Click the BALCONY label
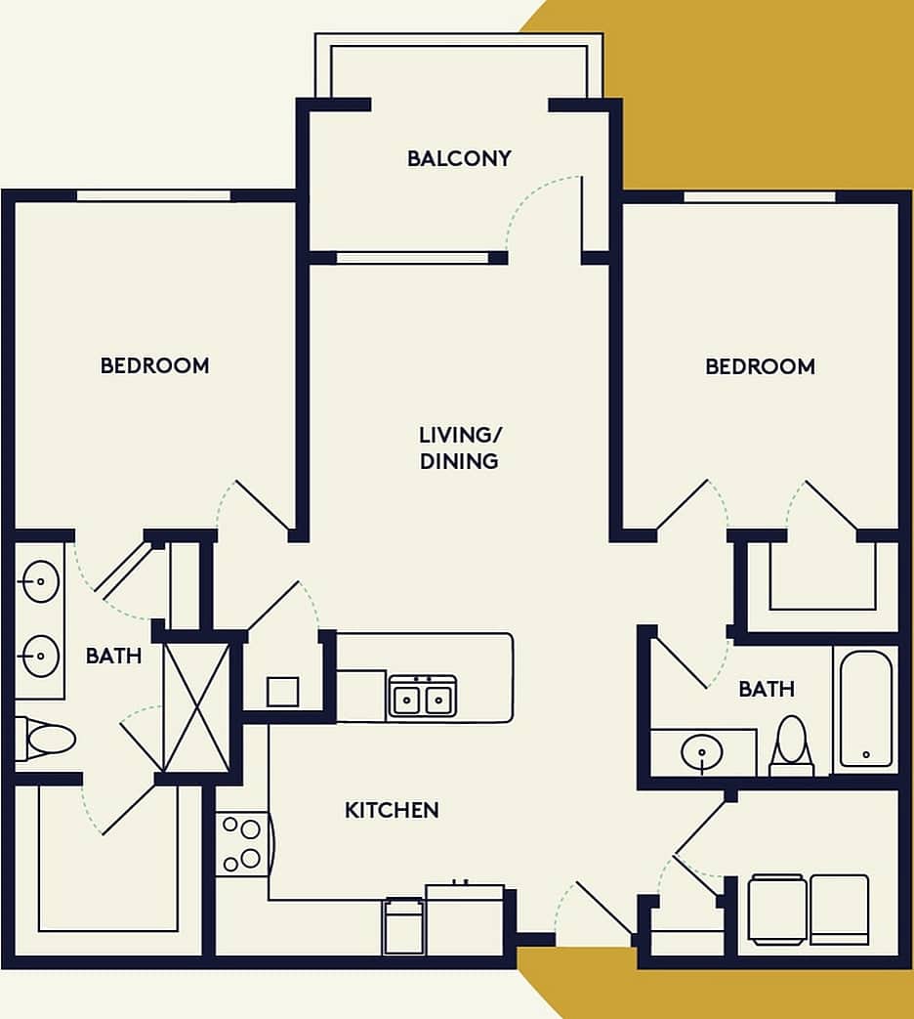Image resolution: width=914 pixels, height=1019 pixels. [x=459, y=158]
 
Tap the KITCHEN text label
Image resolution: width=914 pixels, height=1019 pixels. [x=392, y=810]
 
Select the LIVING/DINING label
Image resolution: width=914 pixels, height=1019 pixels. [x=459, y=447]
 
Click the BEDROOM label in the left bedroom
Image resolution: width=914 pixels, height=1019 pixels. [x=154, y=365]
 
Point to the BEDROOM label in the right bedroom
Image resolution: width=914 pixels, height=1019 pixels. [x=760, y=366]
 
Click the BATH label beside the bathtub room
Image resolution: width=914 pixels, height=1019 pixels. [x=767, y=689]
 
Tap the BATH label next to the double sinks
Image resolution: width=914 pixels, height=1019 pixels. [x=113, y=656]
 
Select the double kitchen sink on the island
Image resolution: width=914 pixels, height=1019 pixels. [x=422, y=698]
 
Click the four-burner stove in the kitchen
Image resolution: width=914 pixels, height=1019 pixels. [x=240, y=844]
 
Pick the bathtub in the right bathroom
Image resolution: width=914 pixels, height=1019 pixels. [x=865, y=708]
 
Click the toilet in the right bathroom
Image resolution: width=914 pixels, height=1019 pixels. [x=791, y=746]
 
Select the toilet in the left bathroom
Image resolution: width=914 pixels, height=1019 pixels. [x=45, y=740]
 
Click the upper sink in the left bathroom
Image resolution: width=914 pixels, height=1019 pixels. [x=40, y=582]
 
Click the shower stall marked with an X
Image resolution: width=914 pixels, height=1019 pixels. [x=196, y=707]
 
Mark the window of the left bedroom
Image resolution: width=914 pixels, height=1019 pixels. [x=154, y=195]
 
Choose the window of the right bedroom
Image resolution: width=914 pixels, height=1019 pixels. [x=760, y=196]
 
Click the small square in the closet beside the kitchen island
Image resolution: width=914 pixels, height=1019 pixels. [x=282, y=692]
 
